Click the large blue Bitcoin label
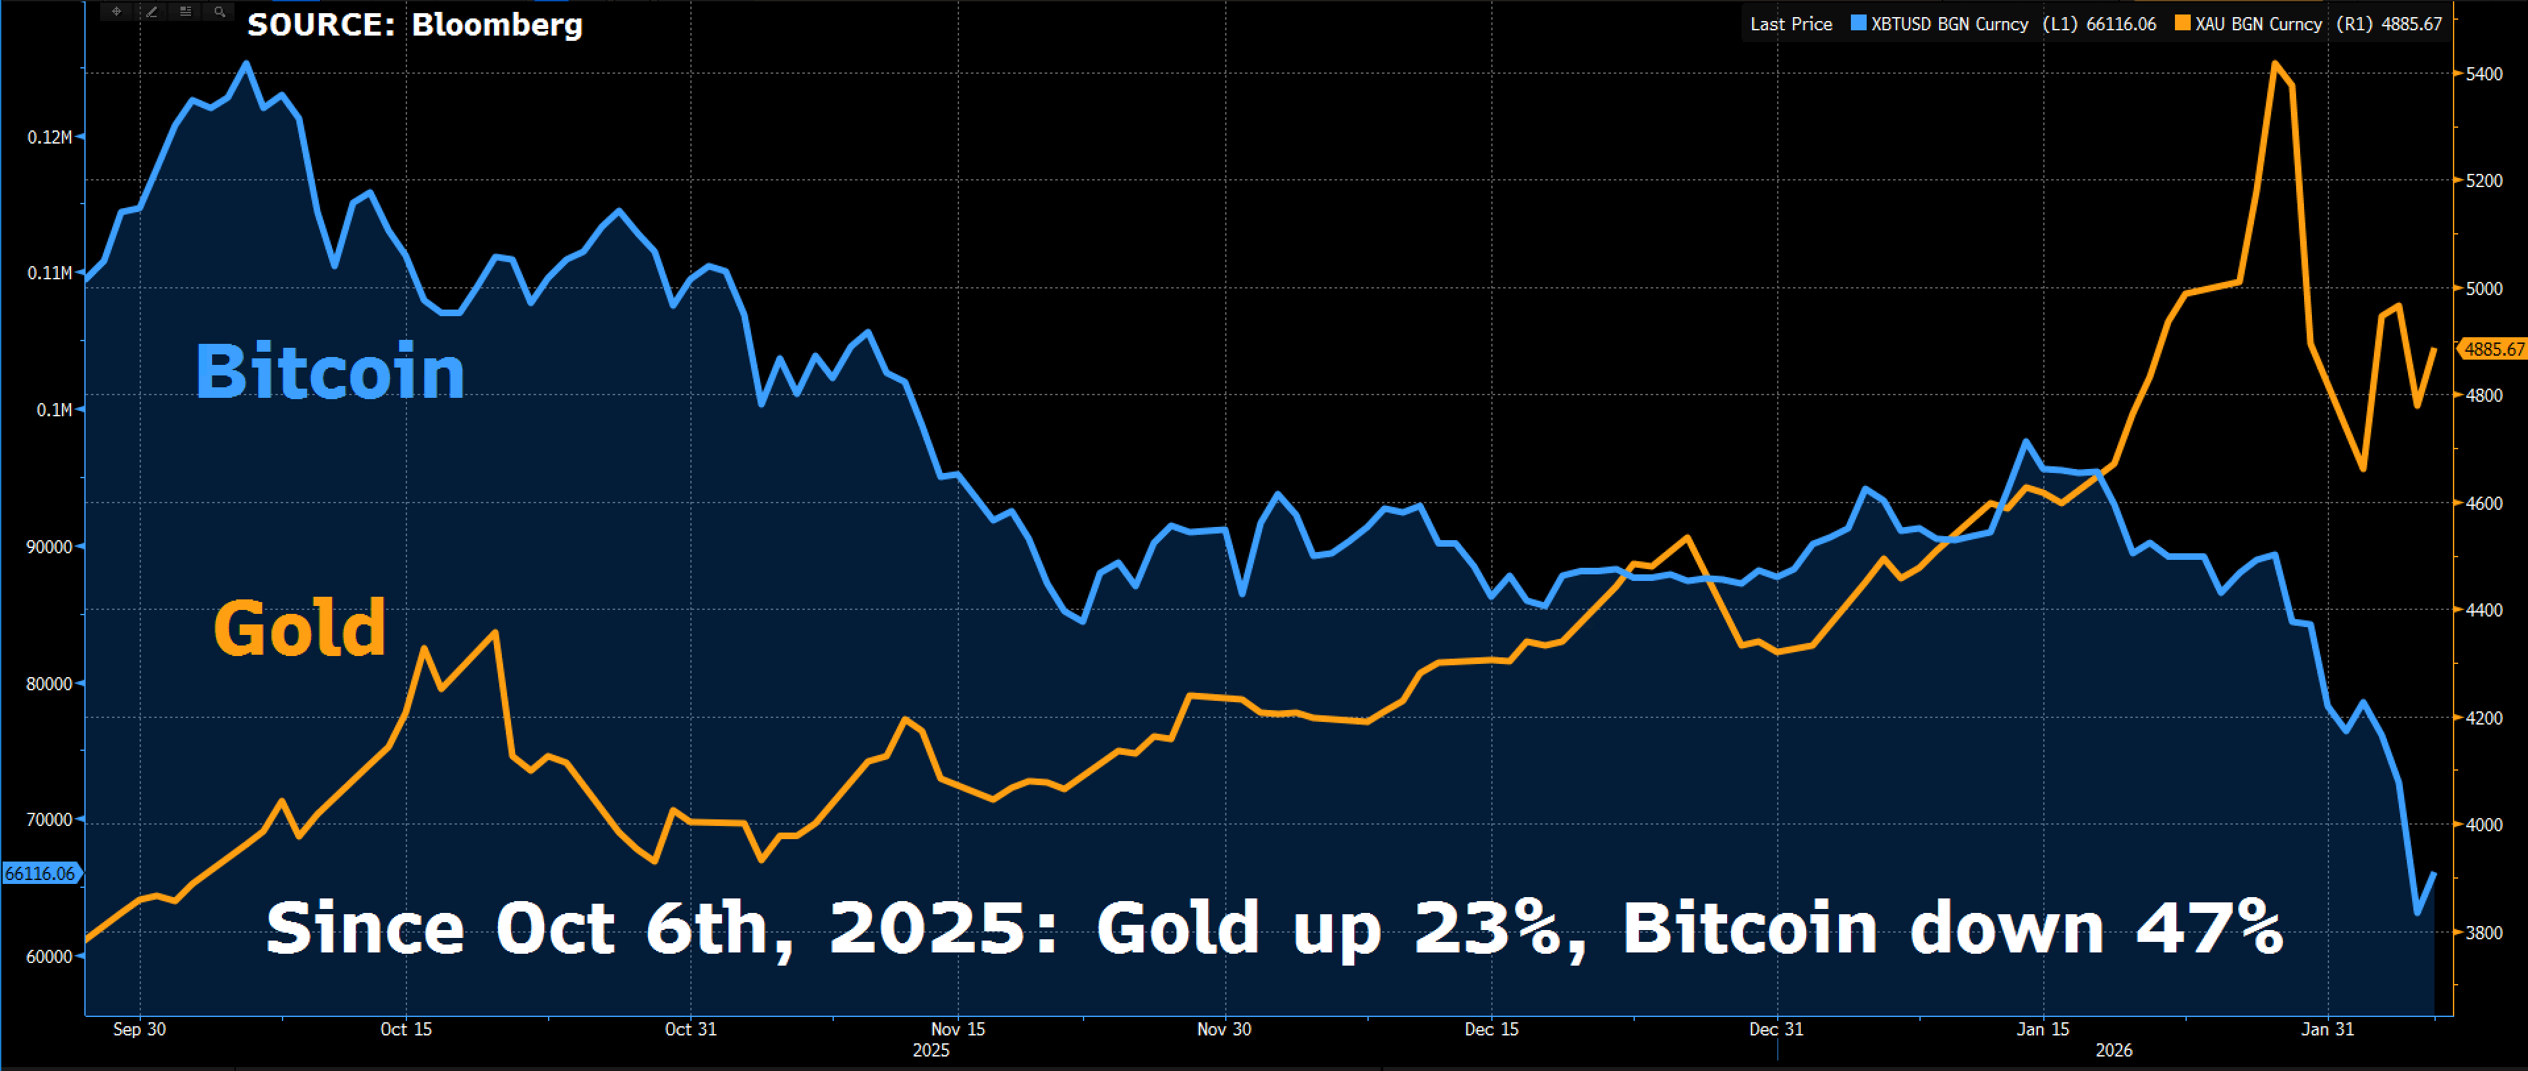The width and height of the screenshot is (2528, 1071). pyautogui.click(x=330, y=372)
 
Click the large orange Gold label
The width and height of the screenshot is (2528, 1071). pyautogui.click(x=299, y=628)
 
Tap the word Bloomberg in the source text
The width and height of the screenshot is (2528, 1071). pyautogui.click(x=497, y=24)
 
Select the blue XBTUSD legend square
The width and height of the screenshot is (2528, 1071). pyautogui.click(x=1857, y=24)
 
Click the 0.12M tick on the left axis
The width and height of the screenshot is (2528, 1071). pyautogui.click(x=49, y=136)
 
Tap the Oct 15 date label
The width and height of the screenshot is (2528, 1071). pyautogui.click(x=406, y=1029)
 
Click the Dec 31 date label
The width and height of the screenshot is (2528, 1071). pyautogui.click(x=1776, y=1029)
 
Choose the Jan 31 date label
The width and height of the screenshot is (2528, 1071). pyautogui.click(x=2328, y=1029)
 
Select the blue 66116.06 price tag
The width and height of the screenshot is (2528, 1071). pyautogui.click(x=40, y=873)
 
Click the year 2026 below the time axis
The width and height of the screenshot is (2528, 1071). pyautogui.click(x=2114, y=1051)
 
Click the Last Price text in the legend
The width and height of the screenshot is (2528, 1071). pyautogui.click(x=1791, y=24)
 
